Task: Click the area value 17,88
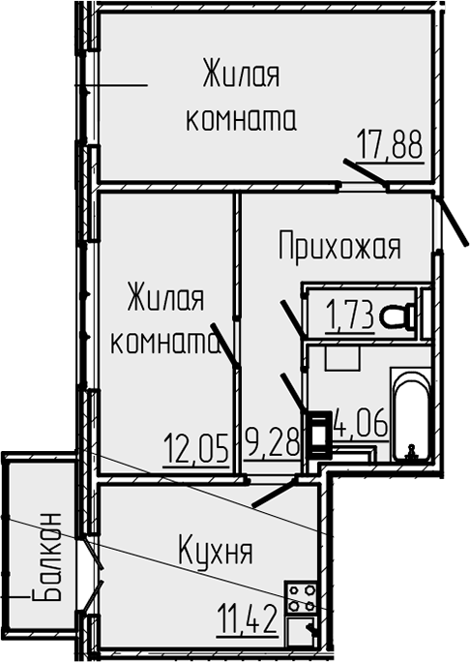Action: [390, 143]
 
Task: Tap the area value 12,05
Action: [196, 447]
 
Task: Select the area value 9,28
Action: [273, 442]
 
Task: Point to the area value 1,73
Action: [350, 315]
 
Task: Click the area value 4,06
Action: [361, 423]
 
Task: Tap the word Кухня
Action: [216, 550]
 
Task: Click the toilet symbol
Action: [397, 316]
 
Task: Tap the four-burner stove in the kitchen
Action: [301, 597]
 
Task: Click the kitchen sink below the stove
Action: [301, 631]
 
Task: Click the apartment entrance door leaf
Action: [453, 221]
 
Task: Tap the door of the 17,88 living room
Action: [366, 172]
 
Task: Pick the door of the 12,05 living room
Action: [225, 346]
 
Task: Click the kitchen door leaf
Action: [275, 492]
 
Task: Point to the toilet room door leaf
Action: [292, 318]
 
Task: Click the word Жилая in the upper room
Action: [241, 74]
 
